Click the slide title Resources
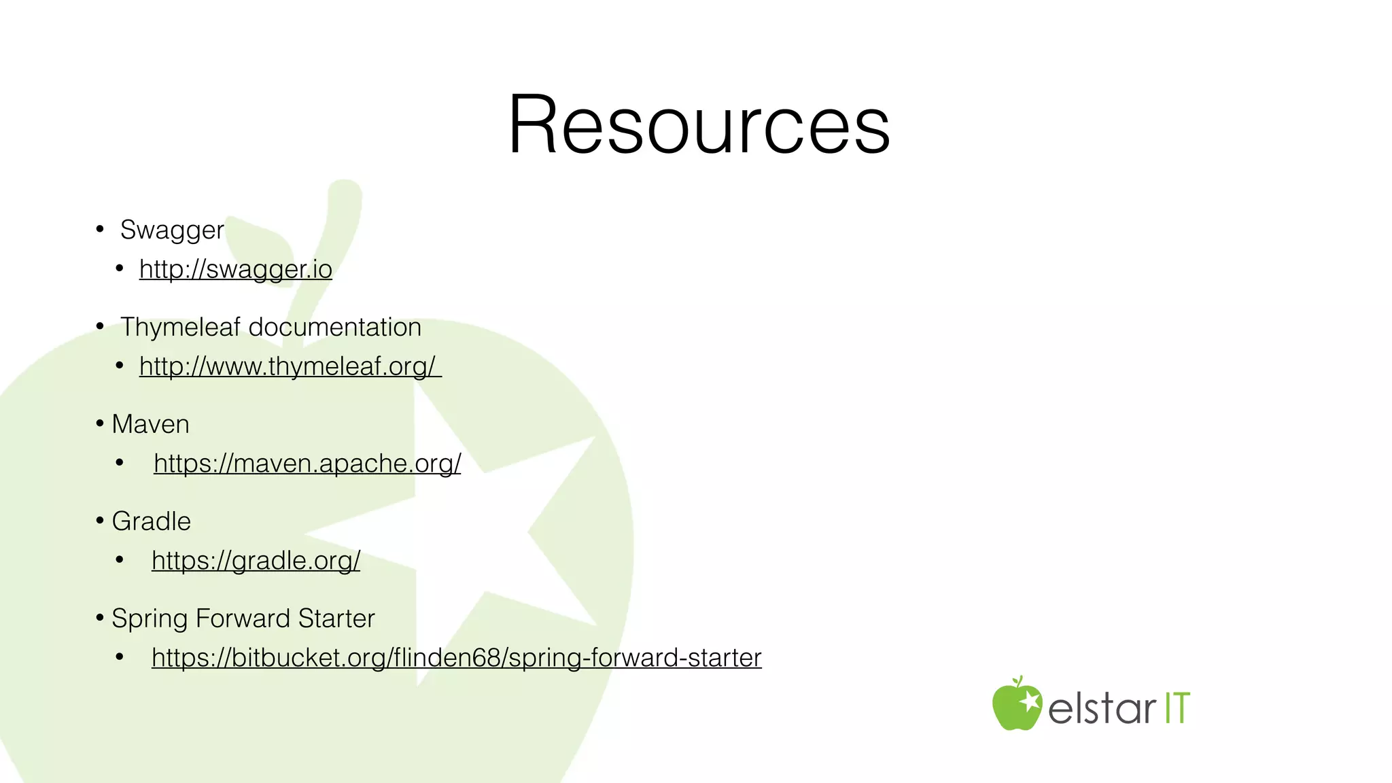click(699, 125)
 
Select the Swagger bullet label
click(172, 230)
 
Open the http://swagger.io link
click(235, 269)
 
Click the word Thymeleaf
click(180, 328)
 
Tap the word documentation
click(335, 328)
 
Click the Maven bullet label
click(150, 424)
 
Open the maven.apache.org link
click(307, 464)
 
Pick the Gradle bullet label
click(151, 521)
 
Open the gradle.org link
click(256, 561)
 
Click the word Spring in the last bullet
click(149, 619)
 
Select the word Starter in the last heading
click(336, 619)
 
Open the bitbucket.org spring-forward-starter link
click(456, 658)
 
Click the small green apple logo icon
click(1016, 706)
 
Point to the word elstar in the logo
click(1102, 708)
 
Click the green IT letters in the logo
click(1178, 708)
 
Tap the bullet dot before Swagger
click(100, 229)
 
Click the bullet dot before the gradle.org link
click(120, 560)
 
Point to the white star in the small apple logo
click(1030, 700)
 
